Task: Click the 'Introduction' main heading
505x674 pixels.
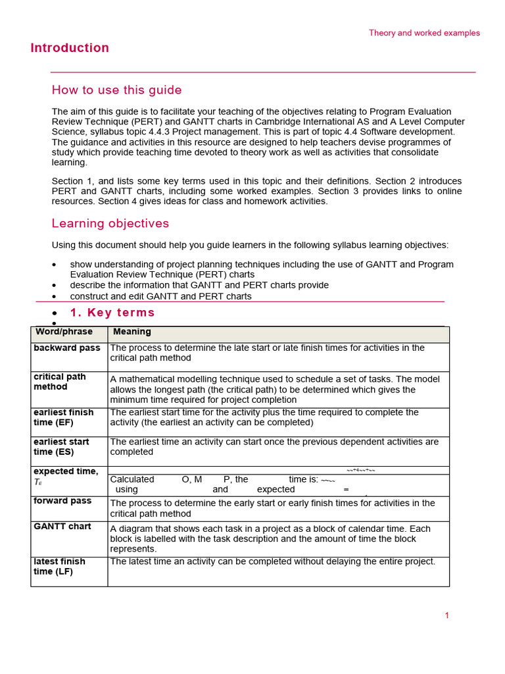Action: click(70, 48)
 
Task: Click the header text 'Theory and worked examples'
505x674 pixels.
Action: click(424, 33)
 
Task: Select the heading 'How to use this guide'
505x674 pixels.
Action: click(116, 90)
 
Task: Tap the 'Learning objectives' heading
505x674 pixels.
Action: click(110, 223)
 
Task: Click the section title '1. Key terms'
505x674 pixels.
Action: click(112, 313)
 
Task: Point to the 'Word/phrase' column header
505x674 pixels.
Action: click(64, 332)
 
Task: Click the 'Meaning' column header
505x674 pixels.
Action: click(132, 332)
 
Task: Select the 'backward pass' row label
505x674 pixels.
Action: click(67, 348)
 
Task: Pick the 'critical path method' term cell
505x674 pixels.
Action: click(60, 382)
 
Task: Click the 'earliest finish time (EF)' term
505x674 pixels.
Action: click(63, 417)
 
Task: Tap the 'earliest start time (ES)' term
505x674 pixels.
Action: click(61, 446)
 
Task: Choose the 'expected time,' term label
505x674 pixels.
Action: click(66, 471)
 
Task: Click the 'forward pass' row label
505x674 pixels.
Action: click(62, 501)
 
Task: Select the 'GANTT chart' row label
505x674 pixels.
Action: click(62, 527)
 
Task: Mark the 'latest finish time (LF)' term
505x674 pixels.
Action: click(59, 566)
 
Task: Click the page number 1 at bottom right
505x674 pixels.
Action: click(446, 615)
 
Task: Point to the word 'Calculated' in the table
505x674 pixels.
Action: click(132, 479)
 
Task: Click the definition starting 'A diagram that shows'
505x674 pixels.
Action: click(270, 538)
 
